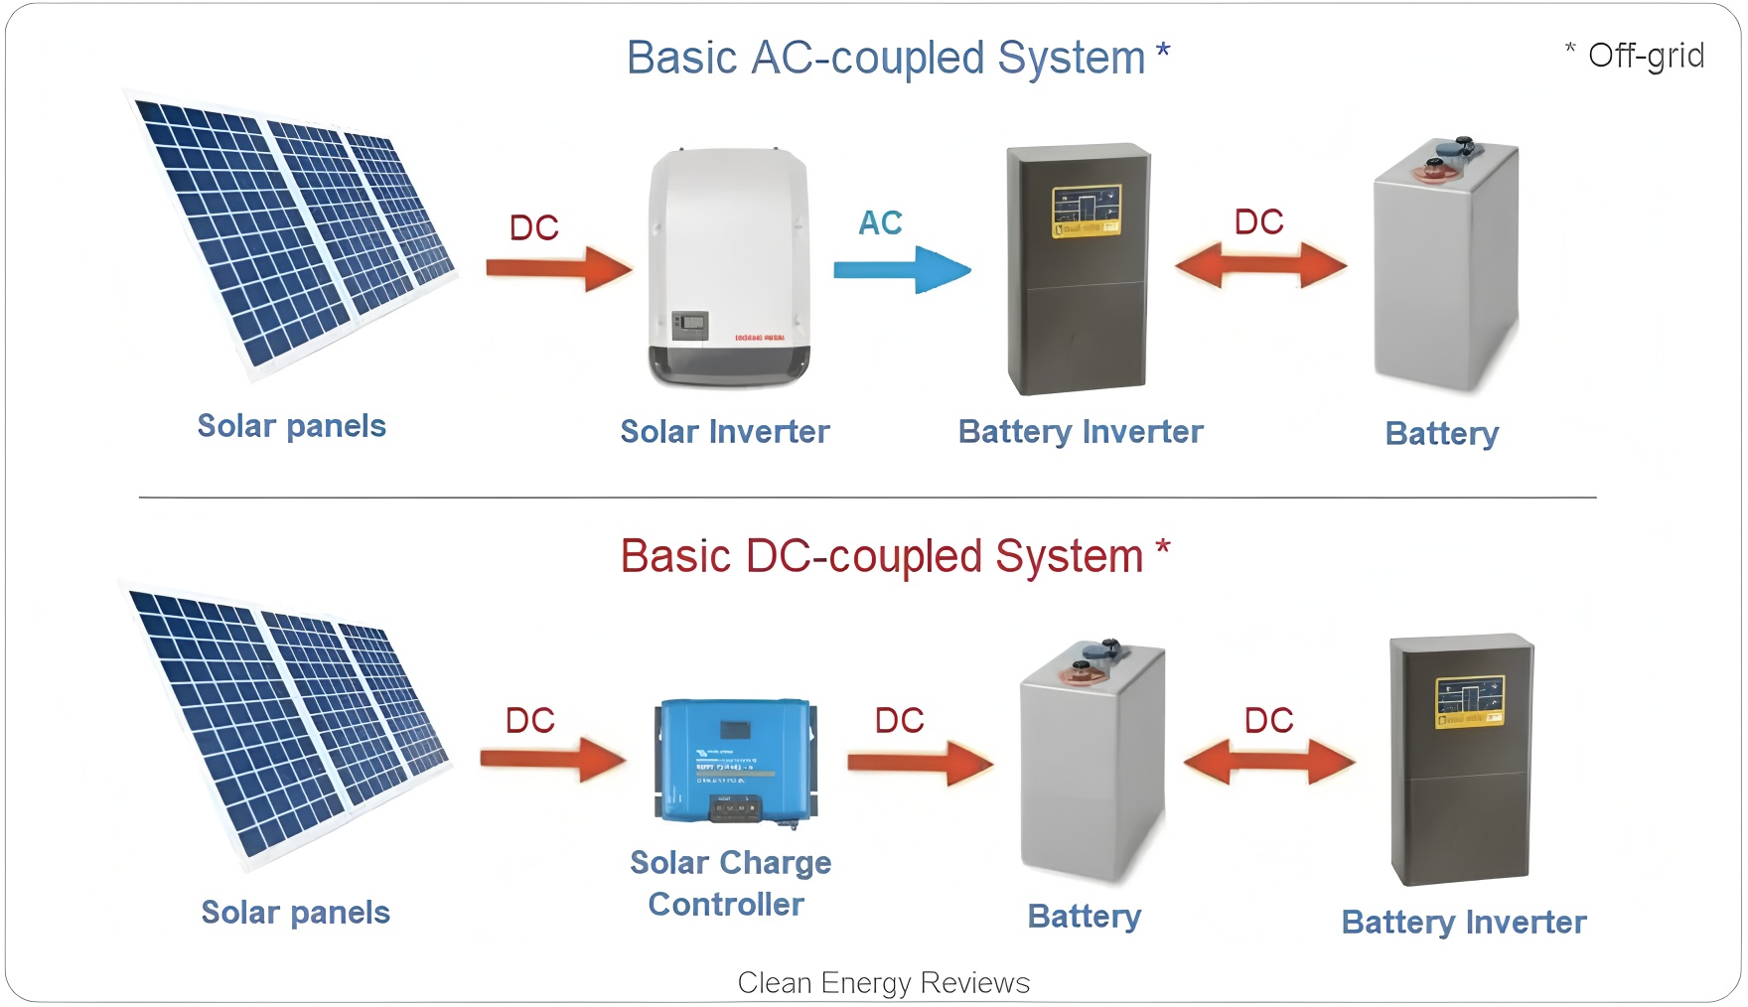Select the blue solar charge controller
point(735,760)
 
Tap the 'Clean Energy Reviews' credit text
point(883,982)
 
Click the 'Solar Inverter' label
point(725,432)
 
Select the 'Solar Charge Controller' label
point(730,883)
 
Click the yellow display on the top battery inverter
point(1087,211)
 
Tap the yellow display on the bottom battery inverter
point(1470,701)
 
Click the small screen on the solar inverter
point(690,322)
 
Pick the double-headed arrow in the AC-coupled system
point(1260,265)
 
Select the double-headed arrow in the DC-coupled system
point(1268,763)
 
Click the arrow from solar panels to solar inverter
point(558,268)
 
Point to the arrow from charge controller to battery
point(920,763)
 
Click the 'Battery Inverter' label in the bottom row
point(1463,923)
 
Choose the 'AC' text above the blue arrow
point(880,222)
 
